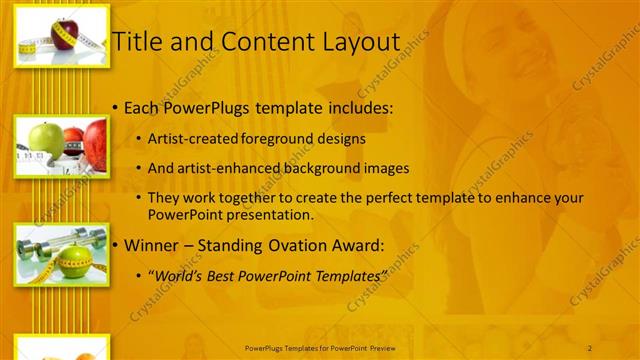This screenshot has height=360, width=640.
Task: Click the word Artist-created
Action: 190,138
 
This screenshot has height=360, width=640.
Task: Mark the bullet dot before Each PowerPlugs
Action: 116,107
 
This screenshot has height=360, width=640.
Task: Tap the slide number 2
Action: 590,347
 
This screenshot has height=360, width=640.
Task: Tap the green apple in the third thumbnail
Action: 74,263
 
